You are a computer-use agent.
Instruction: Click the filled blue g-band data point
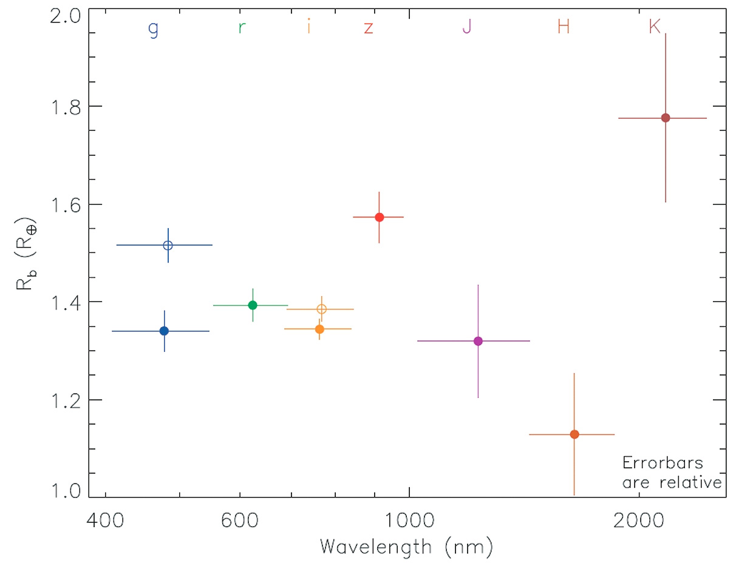pos(164,331)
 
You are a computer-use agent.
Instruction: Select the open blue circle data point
pos(168,245)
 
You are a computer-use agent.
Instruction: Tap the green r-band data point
pos(253,305)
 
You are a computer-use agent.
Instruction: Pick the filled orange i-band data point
pos(319,329)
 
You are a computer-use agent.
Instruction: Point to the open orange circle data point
pos(322,309)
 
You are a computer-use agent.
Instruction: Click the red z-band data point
pos(380,217)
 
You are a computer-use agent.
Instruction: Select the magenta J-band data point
pos(478,341)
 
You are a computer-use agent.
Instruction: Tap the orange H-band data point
pos(574,434)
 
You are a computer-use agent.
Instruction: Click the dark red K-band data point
pos(666,118)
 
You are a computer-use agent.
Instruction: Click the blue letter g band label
pos(154,28)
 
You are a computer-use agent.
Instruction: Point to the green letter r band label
pos(242,27)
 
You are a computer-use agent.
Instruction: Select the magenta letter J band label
pos(466,27)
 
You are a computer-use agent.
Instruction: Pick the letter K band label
pos(654,27)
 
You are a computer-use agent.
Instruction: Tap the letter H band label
pos(564,27)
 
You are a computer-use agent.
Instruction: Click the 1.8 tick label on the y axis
pos(66,107)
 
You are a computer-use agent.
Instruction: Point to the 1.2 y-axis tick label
pos(66,401)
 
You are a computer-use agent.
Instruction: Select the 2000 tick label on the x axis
pos(639,520)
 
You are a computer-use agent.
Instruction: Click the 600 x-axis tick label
pos(240,520)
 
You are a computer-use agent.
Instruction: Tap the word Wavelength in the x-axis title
pos(375,547)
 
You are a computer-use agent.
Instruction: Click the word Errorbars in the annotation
pos(663,463)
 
